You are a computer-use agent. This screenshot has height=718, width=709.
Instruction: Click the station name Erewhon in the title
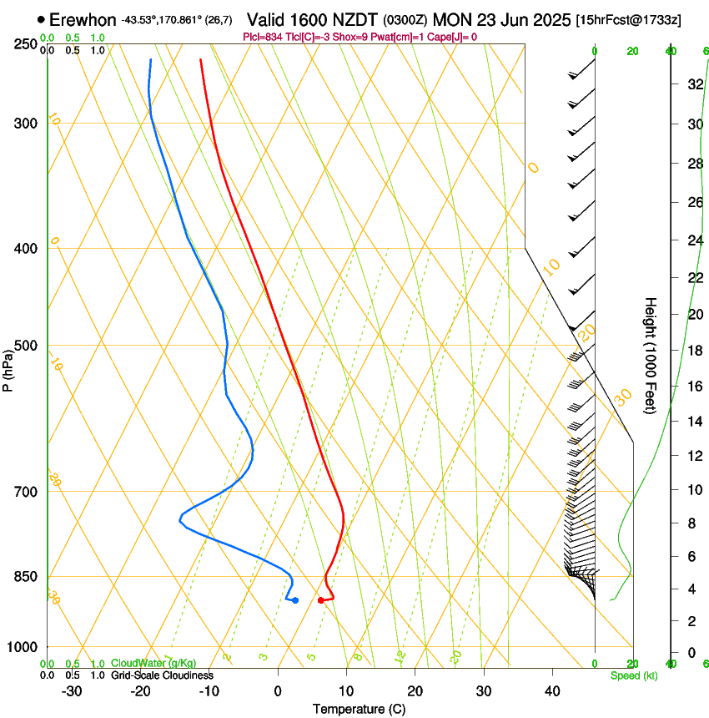83,19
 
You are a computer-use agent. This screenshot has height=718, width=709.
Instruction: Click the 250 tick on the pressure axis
26,44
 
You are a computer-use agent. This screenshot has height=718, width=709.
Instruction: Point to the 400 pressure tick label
26,249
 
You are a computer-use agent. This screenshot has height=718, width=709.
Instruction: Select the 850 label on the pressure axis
26,577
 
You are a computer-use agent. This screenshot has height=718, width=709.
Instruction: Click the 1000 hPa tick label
23,647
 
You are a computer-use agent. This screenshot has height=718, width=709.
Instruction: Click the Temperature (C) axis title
359,710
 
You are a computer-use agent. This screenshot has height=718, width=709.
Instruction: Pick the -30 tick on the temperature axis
72,691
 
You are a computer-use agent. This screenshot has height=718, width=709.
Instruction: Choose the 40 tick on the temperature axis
552,691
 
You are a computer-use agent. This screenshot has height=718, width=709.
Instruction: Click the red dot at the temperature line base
321,600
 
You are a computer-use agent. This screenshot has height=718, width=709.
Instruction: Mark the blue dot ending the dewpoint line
295,600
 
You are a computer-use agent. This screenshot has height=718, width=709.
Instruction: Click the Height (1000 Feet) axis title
651,355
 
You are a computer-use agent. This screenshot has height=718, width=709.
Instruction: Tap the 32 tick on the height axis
693,84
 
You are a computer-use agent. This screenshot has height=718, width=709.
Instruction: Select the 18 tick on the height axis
693,351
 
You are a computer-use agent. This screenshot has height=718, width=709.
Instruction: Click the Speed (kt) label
634,675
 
